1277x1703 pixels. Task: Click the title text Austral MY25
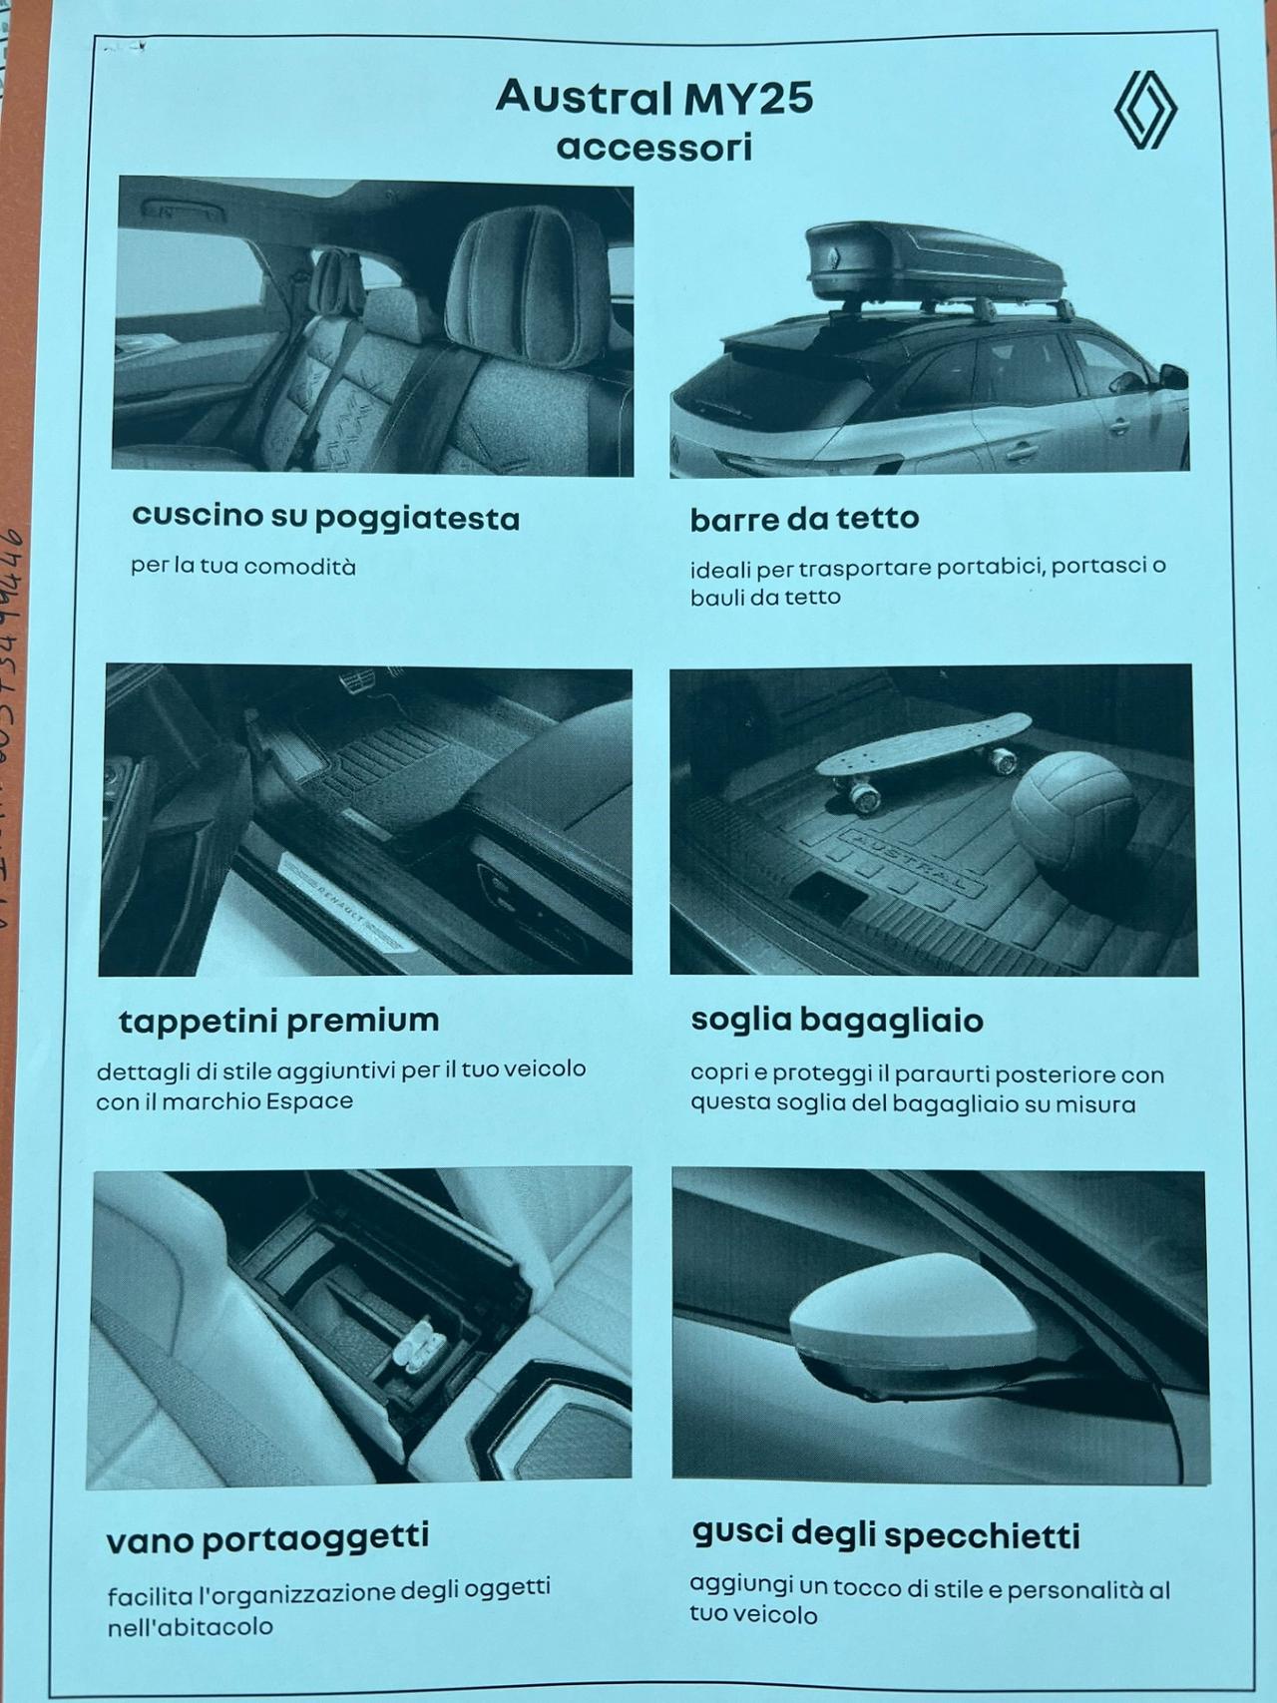click(x=653, y=98)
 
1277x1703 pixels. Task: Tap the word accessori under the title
click(x=653, y=148)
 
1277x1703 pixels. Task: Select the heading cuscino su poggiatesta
click(x=325, y=517)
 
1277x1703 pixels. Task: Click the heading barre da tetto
click(x=804, y=518)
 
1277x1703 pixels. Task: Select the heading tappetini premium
click(x=278, y=1021)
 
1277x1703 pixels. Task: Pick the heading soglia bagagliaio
click(x=836, y=1020)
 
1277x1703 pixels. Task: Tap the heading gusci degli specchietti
click(x=885, y=1534)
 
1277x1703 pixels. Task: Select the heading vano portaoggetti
click(x=267, y=1538)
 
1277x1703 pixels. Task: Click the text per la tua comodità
click(x=242, y=567)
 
